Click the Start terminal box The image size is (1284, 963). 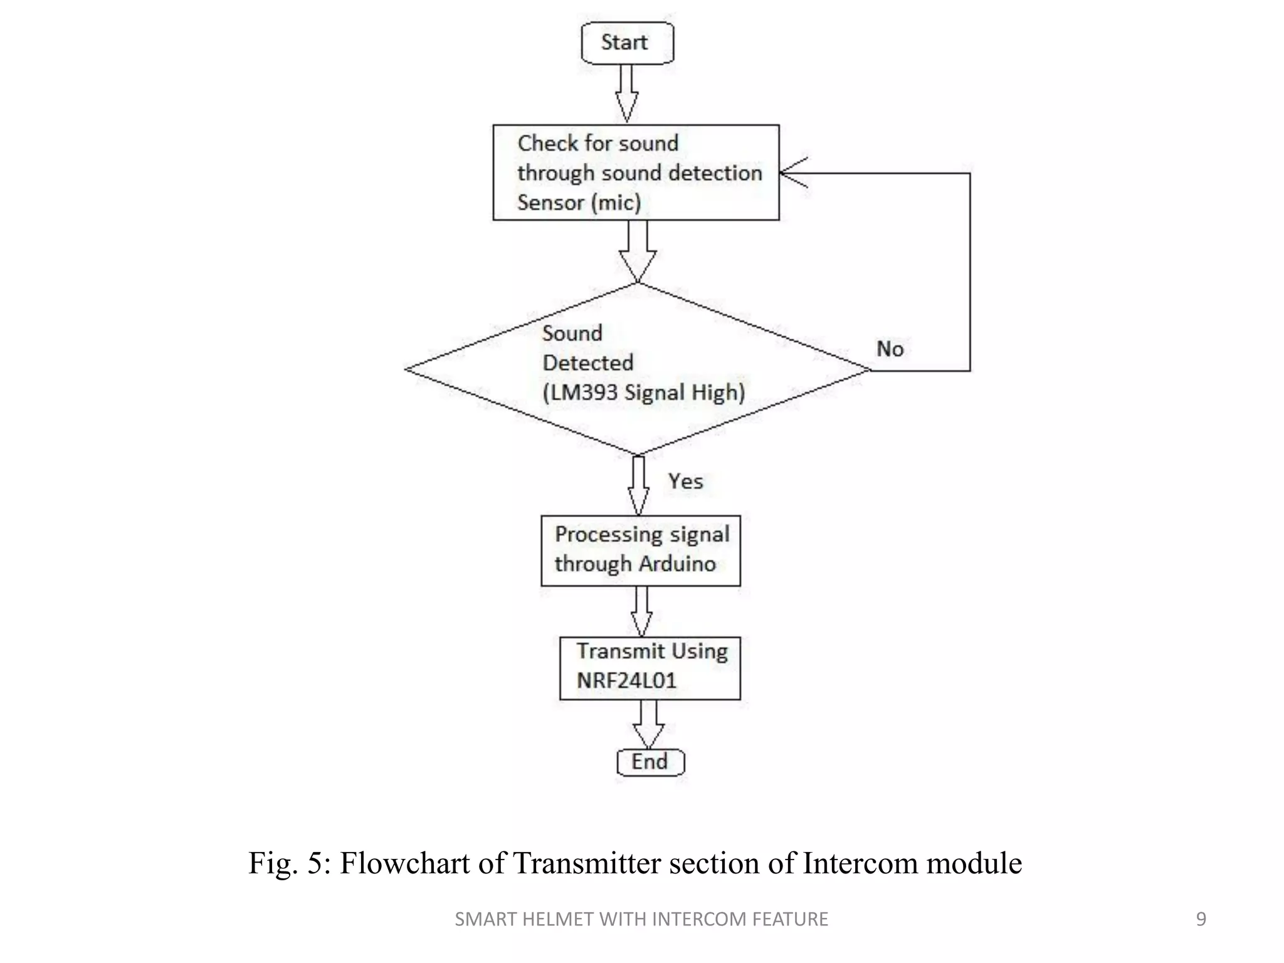627,43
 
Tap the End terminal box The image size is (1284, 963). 650,762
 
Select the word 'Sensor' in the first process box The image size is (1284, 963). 550,203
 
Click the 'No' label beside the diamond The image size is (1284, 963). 890,349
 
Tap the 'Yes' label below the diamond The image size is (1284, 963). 685,481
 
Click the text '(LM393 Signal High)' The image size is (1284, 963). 643,392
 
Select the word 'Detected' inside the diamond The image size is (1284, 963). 587,362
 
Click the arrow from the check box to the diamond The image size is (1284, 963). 638,251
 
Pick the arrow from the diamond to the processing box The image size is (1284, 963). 638,485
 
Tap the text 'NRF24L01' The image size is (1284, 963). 626,680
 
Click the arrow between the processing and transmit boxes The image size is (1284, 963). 641,611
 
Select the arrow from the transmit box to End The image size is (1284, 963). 648,724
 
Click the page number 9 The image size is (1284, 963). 1201,919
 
